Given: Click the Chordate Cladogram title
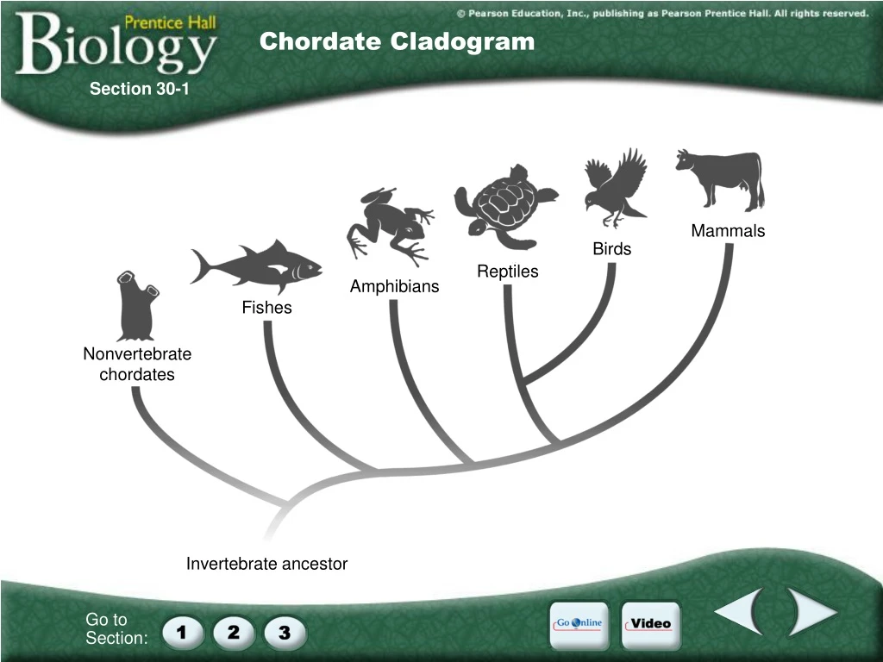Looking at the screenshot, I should tap(397, 41).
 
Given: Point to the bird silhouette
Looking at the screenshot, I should tap(615, 187).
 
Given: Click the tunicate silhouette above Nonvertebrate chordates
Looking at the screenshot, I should tap(135, 306).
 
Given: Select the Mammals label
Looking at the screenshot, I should tap(728, 231).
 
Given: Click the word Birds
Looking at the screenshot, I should tap(611, 249).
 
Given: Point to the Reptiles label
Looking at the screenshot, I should tap(508, 272).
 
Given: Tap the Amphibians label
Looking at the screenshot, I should tap(394, 286).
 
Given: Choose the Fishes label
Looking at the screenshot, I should tap(266, 308).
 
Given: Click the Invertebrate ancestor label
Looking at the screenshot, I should tap(266, 564).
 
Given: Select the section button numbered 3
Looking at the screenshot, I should tap(284, 634).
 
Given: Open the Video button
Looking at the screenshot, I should tap(651, 624).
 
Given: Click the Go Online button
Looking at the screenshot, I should tap(579, 624).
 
